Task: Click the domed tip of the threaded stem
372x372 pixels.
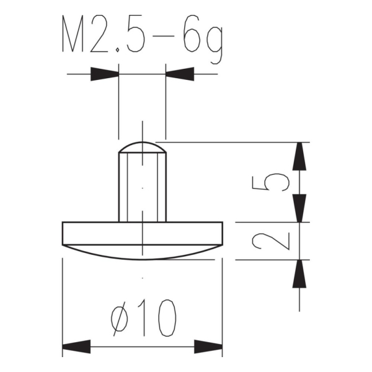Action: [143, 146]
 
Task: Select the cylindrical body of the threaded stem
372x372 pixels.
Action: [143, 186]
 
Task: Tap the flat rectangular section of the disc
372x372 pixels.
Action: [143, 232]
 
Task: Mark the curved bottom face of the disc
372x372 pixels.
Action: [143, 253]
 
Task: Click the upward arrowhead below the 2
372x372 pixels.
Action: [300, 274]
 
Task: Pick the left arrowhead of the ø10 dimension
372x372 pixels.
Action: [77, 345]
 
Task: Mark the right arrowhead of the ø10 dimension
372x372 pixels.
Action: [208, 345]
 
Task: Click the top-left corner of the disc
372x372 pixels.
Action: [63, 223]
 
